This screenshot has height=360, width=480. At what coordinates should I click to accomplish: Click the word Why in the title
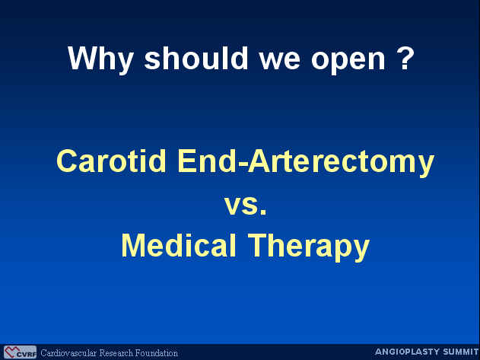100,59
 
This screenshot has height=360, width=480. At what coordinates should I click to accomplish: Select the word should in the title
196,58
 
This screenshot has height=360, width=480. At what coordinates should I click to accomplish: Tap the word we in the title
279,61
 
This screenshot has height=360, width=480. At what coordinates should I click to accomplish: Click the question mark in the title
406,58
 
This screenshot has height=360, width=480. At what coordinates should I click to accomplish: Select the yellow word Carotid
111,161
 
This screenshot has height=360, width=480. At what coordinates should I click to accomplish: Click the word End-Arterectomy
306,162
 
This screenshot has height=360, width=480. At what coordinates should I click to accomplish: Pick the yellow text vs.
246,205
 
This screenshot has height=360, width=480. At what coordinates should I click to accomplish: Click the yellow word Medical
179,245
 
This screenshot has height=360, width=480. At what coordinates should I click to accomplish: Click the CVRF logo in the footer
20,352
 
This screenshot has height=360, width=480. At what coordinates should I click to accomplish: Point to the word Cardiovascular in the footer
68,352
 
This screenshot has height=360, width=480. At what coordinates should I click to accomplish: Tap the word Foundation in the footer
157,352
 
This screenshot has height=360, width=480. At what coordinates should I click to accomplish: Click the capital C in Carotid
66,161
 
